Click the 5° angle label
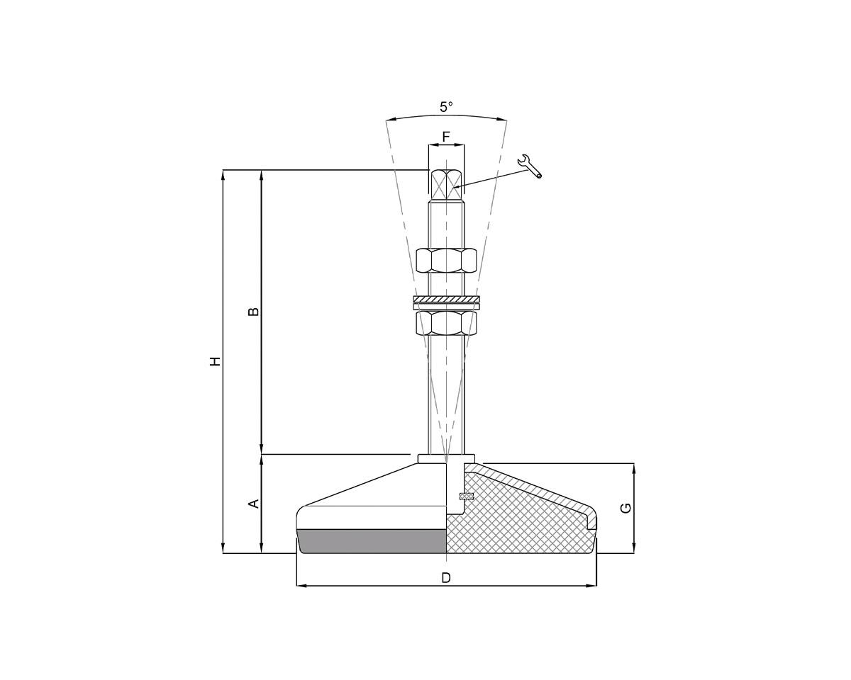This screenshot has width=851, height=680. click(445, 107)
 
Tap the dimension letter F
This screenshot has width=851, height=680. click(446, 135)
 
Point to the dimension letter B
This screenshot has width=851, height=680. click(253, 312)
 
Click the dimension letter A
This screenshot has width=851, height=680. click(253, 504)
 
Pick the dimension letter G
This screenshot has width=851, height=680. click(625, 508)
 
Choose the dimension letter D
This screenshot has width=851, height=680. click(446, 577)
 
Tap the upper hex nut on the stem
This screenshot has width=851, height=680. click(446, 261)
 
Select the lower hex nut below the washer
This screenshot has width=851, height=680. click(446, 323)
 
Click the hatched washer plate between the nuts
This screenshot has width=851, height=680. click(446, 300)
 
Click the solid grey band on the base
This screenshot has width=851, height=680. click(372, 540)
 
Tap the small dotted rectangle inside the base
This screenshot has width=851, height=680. click(467, 496)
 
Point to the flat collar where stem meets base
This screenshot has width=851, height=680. click(446, 459)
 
